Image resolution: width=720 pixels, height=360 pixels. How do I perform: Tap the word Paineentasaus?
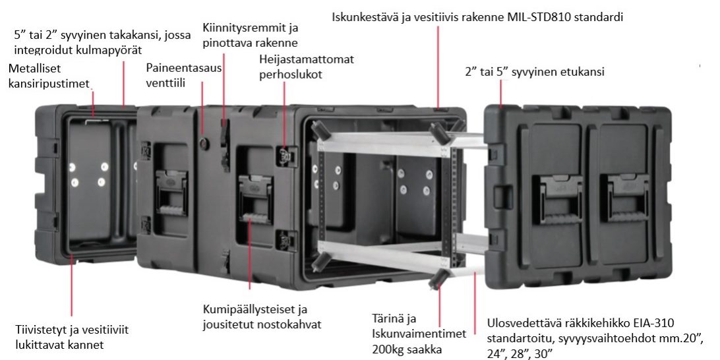coord(184,68)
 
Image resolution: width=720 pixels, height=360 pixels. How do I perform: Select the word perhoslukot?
coord(291,75)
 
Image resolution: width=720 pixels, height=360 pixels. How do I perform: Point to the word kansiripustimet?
coord(49,84)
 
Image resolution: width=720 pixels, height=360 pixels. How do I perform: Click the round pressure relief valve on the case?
coord(204,144)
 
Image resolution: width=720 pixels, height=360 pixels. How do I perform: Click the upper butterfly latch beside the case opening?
coord(284,156)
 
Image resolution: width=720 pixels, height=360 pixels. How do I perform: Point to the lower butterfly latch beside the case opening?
coord(284,241)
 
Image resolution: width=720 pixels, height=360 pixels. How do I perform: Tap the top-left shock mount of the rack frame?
coord(320,131)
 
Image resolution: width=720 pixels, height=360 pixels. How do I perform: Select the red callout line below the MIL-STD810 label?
coord(438,67)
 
